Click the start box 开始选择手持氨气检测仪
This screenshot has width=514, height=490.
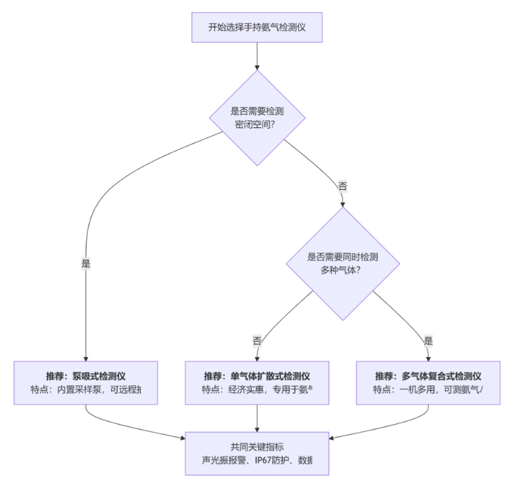pyautogui.click(x=257, y=27)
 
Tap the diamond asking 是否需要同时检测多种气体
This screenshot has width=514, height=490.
pyautogui.click(x=342, y=264)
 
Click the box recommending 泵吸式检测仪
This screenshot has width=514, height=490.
pyautogui.click(x=85, y=382)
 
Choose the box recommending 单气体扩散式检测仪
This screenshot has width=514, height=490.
pyautogui.click(x=257, y=382)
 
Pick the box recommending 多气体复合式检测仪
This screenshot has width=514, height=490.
pyautogui.click(x=428, y=382)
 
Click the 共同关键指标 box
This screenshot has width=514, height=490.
pyautogui.click(x=257, y=453)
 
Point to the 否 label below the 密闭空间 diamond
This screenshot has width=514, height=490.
pyautogui.click(x=342, y=186)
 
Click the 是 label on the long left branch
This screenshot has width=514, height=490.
pyautogui.click(x=86, y=265)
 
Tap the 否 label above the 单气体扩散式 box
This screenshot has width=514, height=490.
pyautogui.click(x=257, y=340)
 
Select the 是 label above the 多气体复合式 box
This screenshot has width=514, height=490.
pyautogui.click(x=428, y=340)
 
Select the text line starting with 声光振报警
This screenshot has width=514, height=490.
pyautogui.click(x=257, y=461)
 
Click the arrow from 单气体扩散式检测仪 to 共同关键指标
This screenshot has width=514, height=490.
pyautogui.click(x=257, y=418)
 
